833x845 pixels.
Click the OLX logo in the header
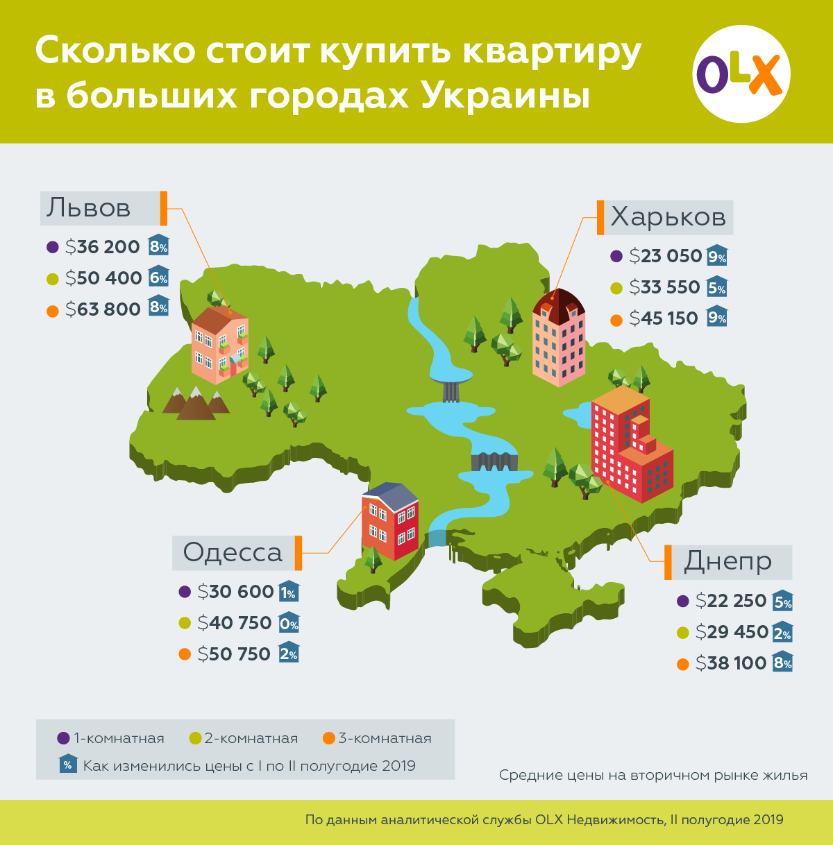tap(741, 74)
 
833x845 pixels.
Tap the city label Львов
tap(89, 208)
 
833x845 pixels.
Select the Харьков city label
tap(668, 217)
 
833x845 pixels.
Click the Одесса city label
tap(233, 552)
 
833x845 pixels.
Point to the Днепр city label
tap(727, 561)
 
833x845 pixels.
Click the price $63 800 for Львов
tap(103, 309)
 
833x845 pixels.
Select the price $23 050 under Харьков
tap(666, 256)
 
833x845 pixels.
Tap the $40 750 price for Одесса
tap(235, 623)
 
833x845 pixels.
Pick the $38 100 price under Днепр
tap(731, 663)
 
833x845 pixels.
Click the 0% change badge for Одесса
tap(289, 623)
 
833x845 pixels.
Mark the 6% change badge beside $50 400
tap(158, 278)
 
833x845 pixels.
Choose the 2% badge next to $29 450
tap(782, 632)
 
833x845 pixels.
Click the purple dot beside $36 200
tap(52, 247)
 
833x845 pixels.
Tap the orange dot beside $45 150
tap(616, 320)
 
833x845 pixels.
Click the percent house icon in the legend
tap(68, 765)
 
